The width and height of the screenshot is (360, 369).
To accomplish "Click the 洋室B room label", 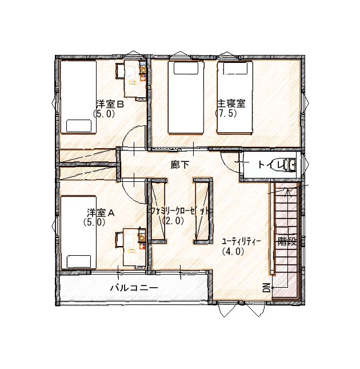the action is tap(110, 104).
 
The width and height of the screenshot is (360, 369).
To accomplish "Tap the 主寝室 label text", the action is tap(231, 104).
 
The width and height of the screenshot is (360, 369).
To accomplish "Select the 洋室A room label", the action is tap(101, 213).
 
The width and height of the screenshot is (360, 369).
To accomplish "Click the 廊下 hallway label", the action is tap(180, 165).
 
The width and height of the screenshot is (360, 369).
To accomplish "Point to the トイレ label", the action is tap(270, 165).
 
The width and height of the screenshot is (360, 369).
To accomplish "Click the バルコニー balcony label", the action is tap(134, 288).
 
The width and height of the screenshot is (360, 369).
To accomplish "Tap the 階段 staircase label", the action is tap(287, 241).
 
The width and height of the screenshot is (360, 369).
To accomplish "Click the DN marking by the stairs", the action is tap(266, 287).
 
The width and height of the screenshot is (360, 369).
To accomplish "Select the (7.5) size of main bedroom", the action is tap(226, 114).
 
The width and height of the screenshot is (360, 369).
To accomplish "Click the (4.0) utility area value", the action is tap(233, 252).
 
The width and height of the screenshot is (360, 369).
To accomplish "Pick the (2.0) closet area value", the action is tap(173, 220).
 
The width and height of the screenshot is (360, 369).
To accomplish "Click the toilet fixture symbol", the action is tap(289, 165).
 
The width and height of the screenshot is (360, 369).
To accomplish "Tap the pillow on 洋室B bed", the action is tap(79, 126).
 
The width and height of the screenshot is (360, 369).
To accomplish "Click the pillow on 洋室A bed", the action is tap(79, 261).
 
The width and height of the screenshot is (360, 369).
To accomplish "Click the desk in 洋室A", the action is tap(135, 247).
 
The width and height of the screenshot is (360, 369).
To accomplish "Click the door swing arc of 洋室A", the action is tap(129, 196).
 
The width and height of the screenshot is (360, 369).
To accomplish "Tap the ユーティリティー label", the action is tap(241, 241).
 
